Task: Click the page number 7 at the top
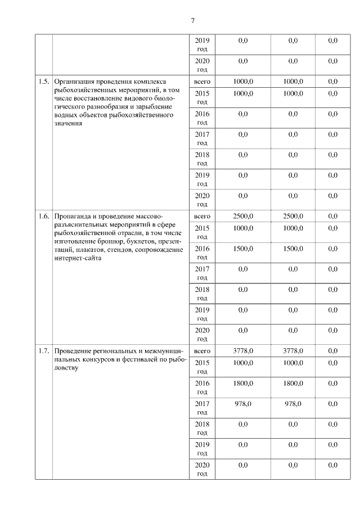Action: point(192,21)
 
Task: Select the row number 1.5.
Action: point(43,82)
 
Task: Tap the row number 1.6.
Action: point(43,216)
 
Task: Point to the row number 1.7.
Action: point(43,351)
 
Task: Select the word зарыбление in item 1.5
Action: point(154,106)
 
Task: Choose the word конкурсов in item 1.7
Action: point(98,359)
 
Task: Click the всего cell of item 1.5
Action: point(201,82)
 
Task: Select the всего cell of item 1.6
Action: point(201,216)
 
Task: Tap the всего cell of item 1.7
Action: point(201,351)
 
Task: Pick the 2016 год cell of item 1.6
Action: point(201,253)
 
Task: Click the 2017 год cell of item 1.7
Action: point(201,408)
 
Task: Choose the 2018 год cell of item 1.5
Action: point(201,159)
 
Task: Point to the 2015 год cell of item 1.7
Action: point(201,367)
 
